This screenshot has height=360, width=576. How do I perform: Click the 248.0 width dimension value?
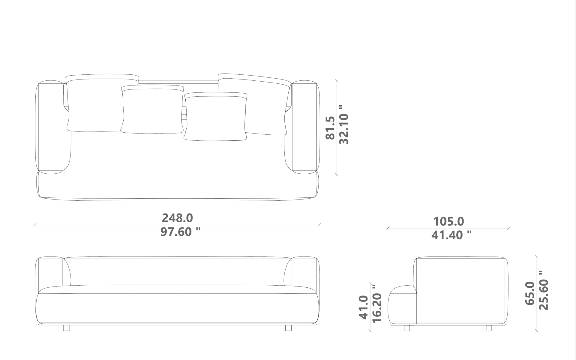[x=177, y=218]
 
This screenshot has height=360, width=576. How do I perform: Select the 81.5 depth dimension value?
[x=330, y=128]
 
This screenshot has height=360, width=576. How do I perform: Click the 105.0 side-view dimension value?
[x=448, y=221]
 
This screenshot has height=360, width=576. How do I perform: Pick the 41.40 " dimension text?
[x=451, y=235]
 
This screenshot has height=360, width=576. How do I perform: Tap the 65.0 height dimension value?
[x=530, y=293]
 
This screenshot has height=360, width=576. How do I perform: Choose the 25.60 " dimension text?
[x=544, y=290]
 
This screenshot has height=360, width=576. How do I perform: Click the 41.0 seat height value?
[x=363, y=307]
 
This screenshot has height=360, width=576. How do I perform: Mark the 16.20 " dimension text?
[x=377, y=303]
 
